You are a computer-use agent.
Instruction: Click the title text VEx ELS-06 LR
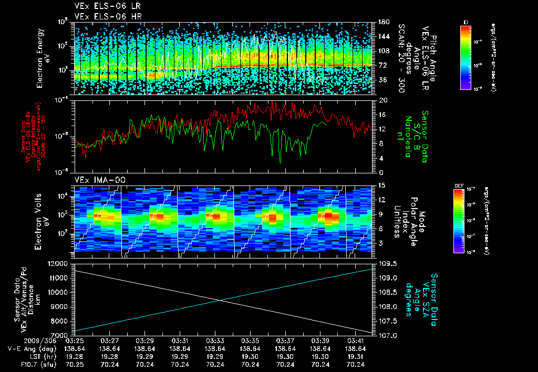tap(103, 6)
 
